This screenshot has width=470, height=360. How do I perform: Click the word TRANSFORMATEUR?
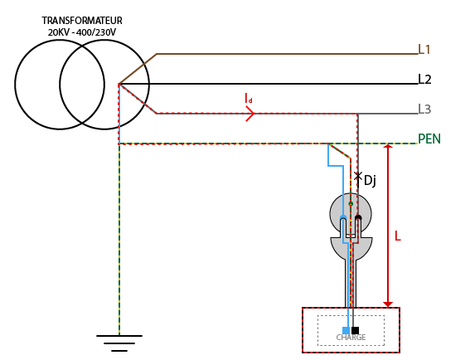82,21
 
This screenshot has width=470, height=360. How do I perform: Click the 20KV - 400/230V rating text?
82,32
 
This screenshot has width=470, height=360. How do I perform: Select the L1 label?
424,50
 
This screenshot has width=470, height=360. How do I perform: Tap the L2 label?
424,80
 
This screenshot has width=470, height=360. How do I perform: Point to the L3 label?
424,109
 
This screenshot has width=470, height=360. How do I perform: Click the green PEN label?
429,139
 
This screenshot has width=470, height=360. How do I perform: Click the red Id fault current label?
249,98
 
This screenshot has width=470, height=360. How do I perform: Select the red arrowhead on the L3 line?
250,114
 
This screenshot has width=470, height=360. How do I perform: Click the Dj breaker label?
370,181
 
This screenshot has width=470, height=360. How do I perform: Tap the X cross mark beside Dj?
357,176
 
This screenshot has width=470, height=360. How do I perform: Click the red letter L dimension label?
398,236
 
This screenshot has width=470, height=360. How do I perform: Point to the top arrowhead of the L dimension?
388,146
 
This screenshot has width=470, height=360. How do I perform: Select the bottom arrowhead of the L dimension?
388,304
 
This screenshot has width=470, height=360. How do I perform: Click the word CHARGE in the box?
351,338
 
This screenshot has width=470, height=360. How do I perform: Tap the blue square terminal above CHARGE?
346,330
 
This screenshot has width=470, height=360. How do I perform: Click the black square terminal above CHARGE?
356,330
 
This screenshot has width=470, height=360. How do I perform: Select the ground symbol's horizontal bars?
119,343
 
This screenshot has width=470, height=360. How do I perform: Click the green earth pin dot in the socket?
351,204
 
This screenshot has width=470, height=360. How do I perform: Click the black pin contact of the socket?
358,217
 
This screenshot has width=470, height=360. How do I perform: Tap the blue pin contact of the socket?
343,217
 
